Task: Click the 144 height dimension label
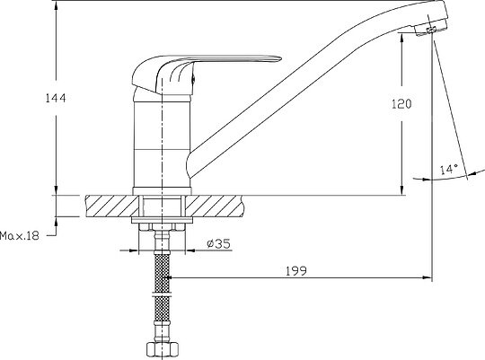56,98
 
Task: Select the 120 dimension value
401,104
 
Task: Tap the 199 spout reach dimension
296,271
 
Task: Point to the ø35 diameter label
218,243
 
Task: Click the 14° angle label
449,169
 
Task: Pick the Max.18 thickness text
20,236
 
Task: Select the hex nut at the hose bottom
162,350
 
